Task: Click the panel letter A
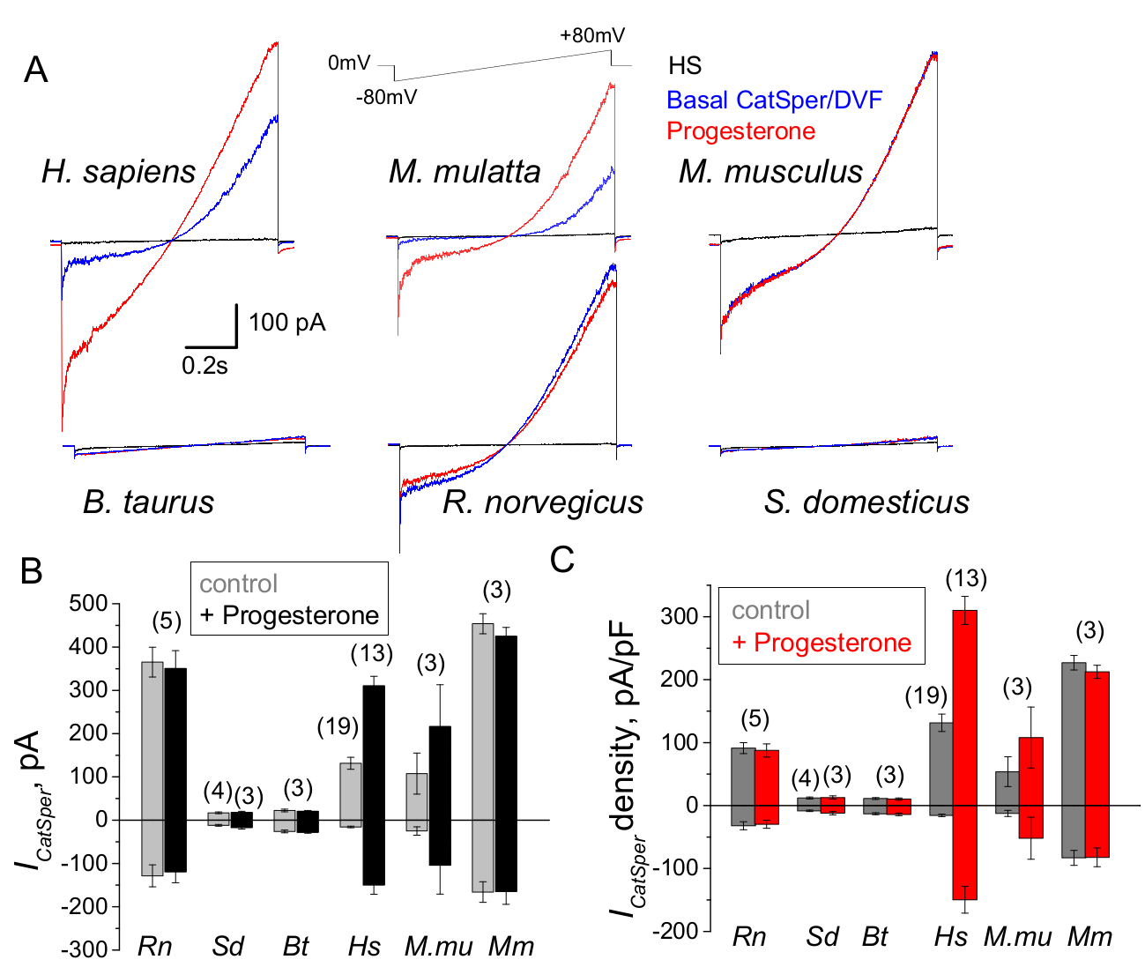point(35,69)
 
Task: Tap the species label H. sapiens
point(118,171)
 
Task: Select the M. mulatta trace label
point(465,171)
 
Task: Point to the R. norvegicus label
point(542,502)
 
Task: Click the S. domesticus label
point(866,502)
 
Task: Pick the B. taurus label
point(148,502)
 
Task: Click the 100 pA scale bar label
point(286,323)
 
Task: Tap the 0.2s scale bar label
point(204,366)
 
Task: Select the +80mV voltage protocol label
point(592,36)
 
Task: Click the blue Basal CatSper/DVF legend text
point(774,100)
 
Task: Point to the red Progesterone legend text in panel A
point(740,131)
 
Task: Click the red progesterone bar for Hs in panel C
point(966,749)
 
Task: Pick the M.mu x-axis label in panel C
point(1017,936)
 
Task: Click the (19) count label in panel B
point(338,726)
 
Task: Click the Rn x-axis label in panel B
point(155,947)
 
